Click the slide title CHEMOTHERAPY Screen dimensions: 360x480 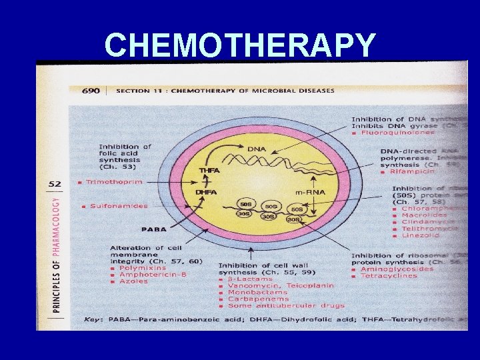coord(240,45)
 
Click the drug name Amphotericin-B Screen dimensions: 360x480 coord(151,275)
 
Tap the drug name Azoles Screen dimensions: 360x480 coord(133,281)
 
